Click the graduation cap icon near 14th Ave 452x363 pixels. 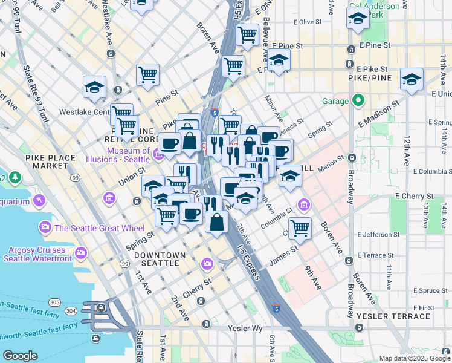(412, 79)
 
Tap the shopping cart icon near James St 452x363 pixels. (300, 228)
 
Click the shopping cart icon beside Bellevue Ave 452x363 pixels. (247, 35)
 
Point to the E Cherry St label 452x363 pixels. (414, 197)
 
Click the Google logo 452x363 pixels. (21, 356)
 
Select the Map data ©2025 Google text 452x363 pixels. (414, 358)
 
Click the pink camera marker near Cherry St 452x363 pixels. (207, 264)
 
